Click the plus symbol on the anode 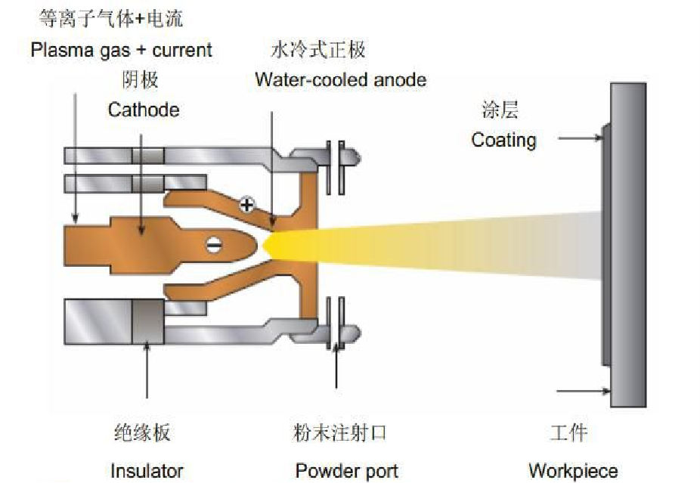246,203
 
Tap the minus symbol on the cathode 214,244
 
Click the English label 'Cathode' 144,110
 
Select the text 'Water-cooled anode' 340,79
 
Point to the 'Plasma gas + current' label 121,51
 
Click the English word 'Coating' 503,140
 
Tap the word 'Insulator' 147,470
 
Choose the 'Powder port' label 346,470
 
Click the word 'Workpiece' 572,470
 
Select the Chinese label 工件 568,432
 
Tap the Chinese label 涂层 500,110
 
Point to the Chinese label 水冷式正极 318,51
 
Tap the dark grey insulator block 147,324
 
